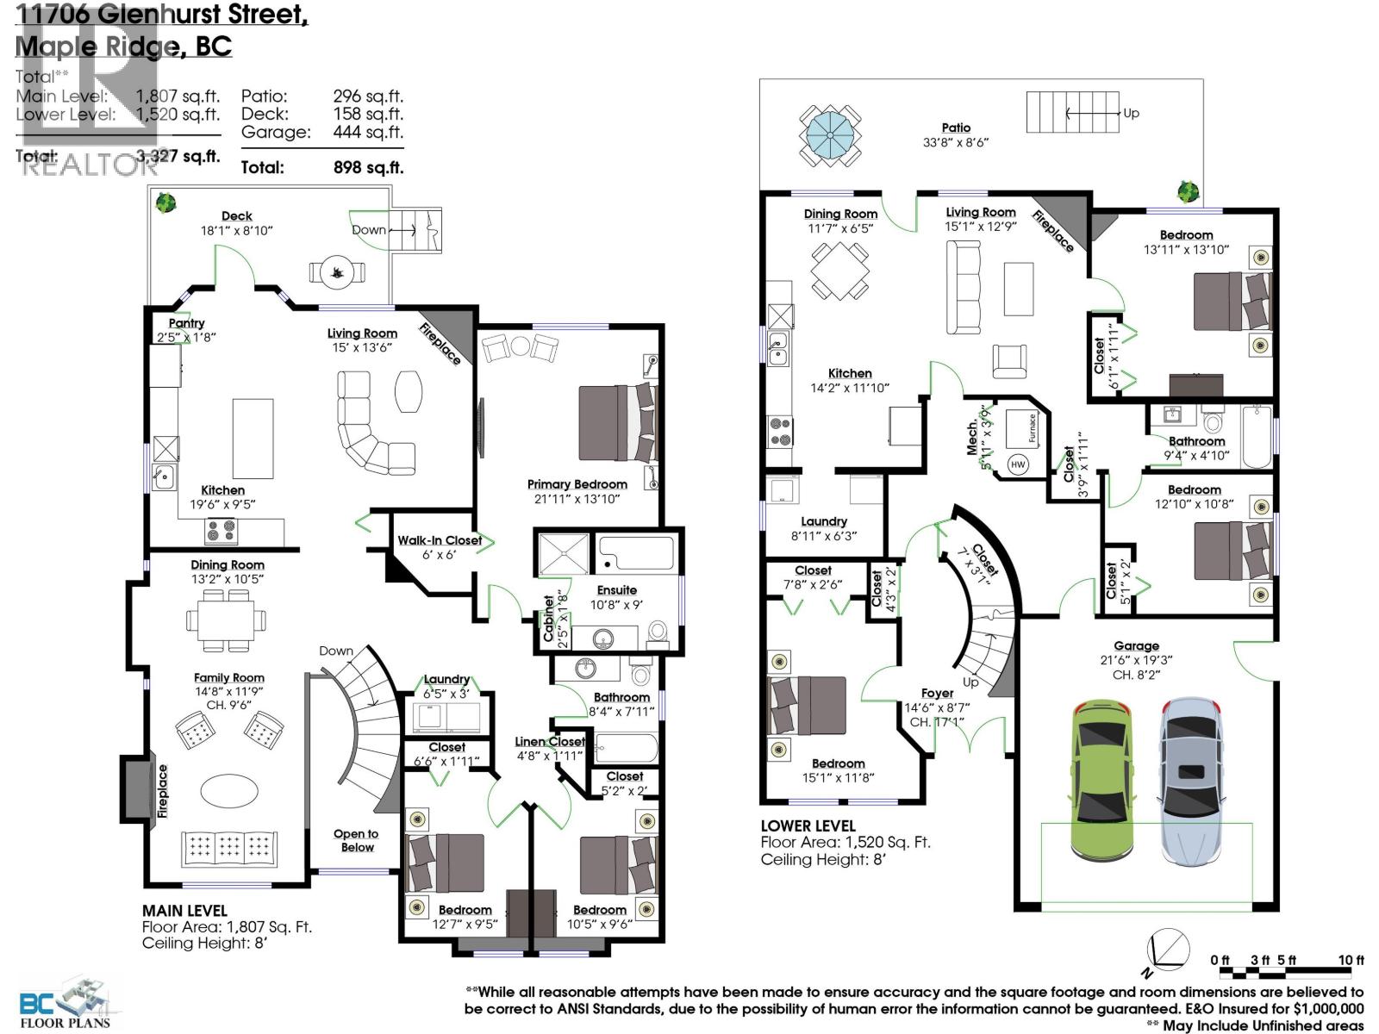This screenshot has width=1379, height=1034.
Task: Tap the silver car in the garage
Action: click(1190, 780)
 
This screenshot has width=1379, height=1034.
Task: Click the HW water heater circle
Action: click(1018, 464)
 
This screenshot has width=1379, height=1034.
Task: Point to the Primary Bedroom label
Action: click(577, 484)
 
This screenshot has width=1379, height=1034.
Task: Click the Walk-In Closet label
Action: click(440, 540)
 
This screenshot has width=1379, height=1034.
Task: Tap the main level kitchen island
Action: click(253, 439)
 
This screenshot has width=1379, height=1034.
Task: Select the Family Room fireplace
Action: click(136, 788)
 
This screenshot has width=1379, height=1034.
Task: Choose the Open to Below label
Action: click(356, 840)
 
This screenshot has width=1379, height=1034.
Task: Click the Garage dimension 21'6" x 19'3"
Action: click(1136, 660)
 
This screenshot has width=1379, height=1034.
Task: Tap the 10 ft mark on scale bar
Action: click(1350, 960)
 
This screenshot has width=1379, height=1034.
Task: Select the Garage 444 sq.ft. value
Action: click(368, 132)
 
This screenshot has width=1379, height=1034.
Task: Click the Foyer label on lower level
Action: click(937, 693)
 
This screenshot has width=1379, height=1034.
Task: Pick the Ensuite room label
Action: click(616, 590)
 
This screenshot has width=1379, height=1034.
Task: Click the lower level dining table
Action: click(839, 271)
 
